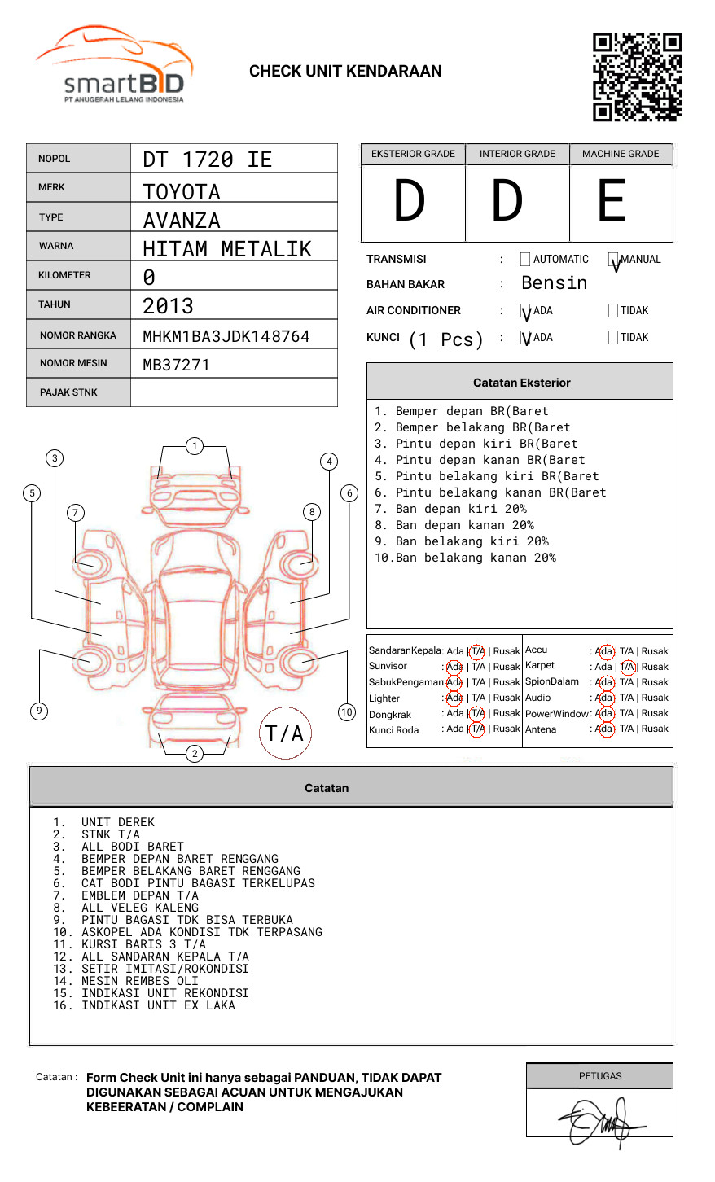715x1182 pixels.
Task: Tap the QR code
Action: pyautogui.click(x=637, y=77)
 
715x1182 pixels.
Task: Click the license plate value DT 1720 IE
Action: pyautogui.click(x=207, y=160)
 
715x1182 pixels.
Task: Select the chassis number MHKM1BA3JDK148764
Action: pyautogui.click(x=226, y=336)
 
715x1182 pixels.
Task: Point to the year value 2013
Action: pyautogui.click(x=168, y=306)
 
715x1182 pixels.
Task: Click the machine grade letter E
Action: pyautogui.click(x=612, y=200)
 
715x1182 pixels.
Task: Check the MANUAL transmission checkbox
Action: pyautogui.click(x=613, y=259)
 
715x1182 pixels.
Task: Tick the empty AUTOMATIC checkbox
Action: pyautogui.click(x=525, y=259)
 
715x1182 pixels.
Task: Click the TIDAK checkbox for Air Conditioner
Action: pyautogui.click(x=613, y=310)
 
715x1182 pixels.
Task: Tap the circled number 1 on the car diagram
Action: pyautogui.click(x=195, y=446)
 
